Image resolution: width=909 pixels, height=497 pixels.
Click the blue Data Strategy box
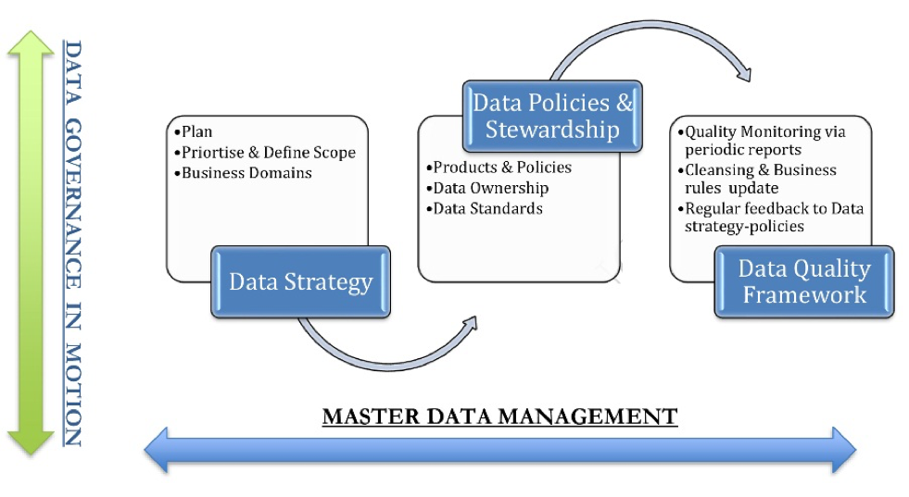300,281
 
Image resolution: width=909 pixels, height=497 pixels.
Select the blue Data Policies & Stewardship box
552,115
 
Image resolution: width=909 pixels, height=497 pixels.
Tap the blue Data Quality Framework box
803,281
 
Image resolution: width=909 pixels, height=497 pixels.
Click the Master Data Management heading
499,416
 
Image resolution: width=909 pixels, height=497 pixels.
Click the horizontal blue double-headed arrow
500,451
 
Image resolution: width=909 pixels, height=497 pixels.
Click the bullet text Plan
196,131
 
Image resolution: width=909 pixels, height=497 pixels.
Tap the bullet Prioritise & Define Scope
268,152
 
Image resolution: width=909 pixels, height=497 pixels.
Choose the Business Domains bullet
246,172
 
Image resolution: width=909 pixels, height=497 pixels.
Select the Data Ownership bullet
491,188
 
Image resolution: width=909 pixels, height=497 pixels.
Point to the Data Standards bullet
487,208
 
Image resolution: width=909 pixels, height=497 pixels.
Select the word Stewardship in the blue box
552,129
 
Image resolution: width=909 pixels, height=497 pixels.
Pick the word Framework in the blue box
803,295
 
